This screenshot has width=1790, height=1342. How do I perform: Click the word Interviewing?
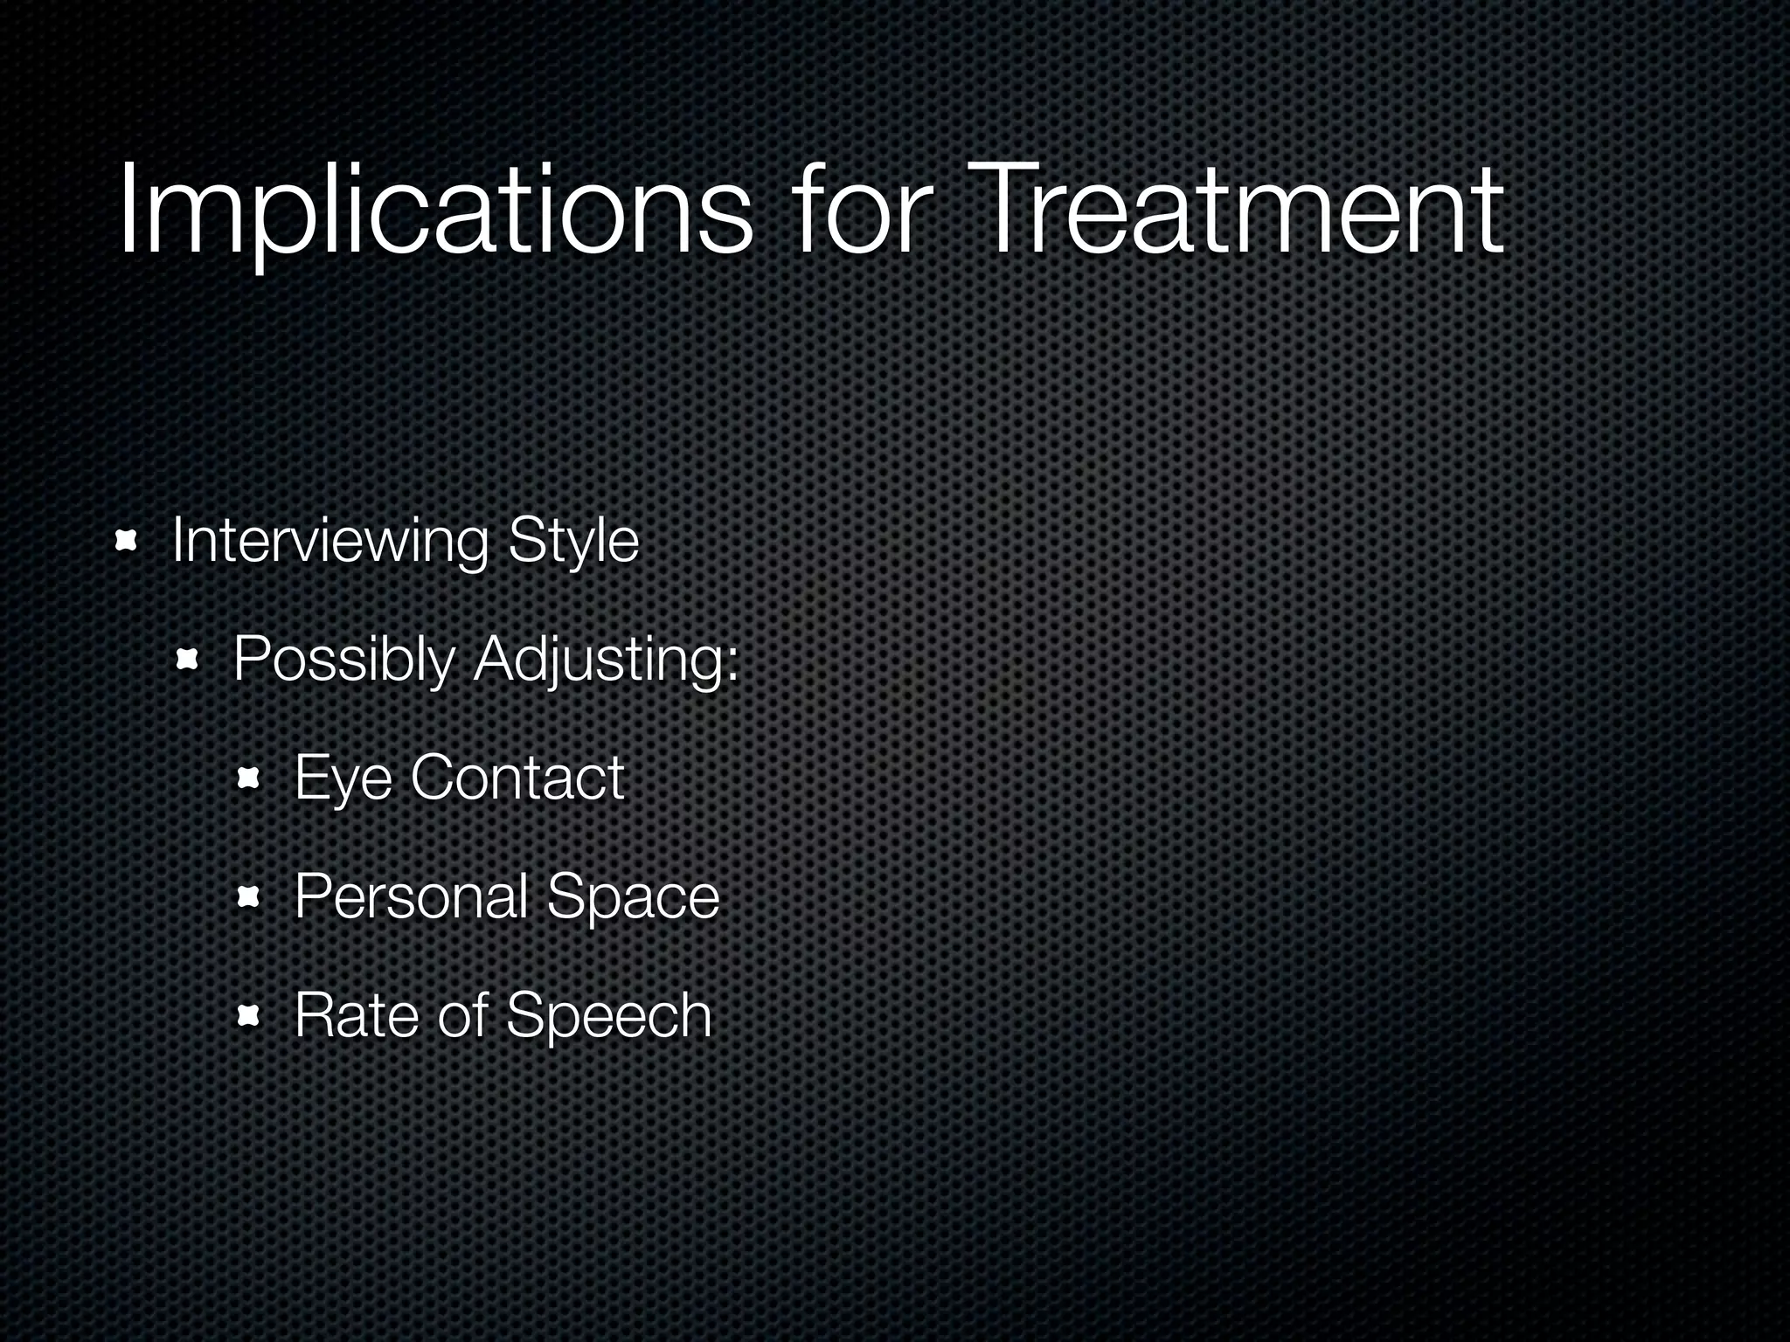point(330,542)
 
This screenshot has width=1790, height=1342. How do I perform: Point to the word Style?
point(573,542)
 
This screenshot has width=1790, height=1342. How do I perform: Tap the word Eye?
point(343,778)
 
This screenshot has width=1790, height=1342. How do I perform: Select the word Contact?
point(517,777)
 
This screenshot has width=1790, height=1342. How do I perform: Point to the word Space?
point(633,898)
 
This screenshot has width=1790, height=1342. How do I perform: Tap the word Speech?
point(608,1017)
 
